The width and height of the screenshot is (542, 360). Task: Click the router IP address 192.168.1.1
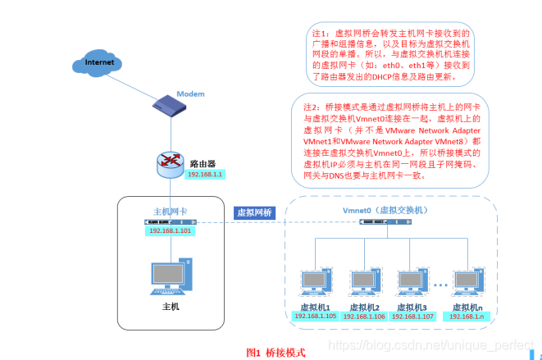204,175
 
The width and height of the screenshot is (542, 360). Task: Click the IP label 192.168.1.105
316,316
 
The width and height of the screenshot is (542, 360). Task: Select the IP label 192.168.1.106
364,316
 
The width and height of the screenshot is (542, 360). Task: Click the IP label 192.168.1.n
465,316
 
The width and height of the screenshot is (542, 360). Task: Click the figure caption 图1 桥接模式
275,352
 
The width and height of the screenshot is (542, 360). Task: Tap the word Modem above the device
190,93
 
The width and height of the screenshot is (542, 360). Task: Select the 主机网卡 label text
171,212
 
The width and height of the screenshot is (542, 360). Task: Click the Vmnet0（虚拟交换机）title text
385,211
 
